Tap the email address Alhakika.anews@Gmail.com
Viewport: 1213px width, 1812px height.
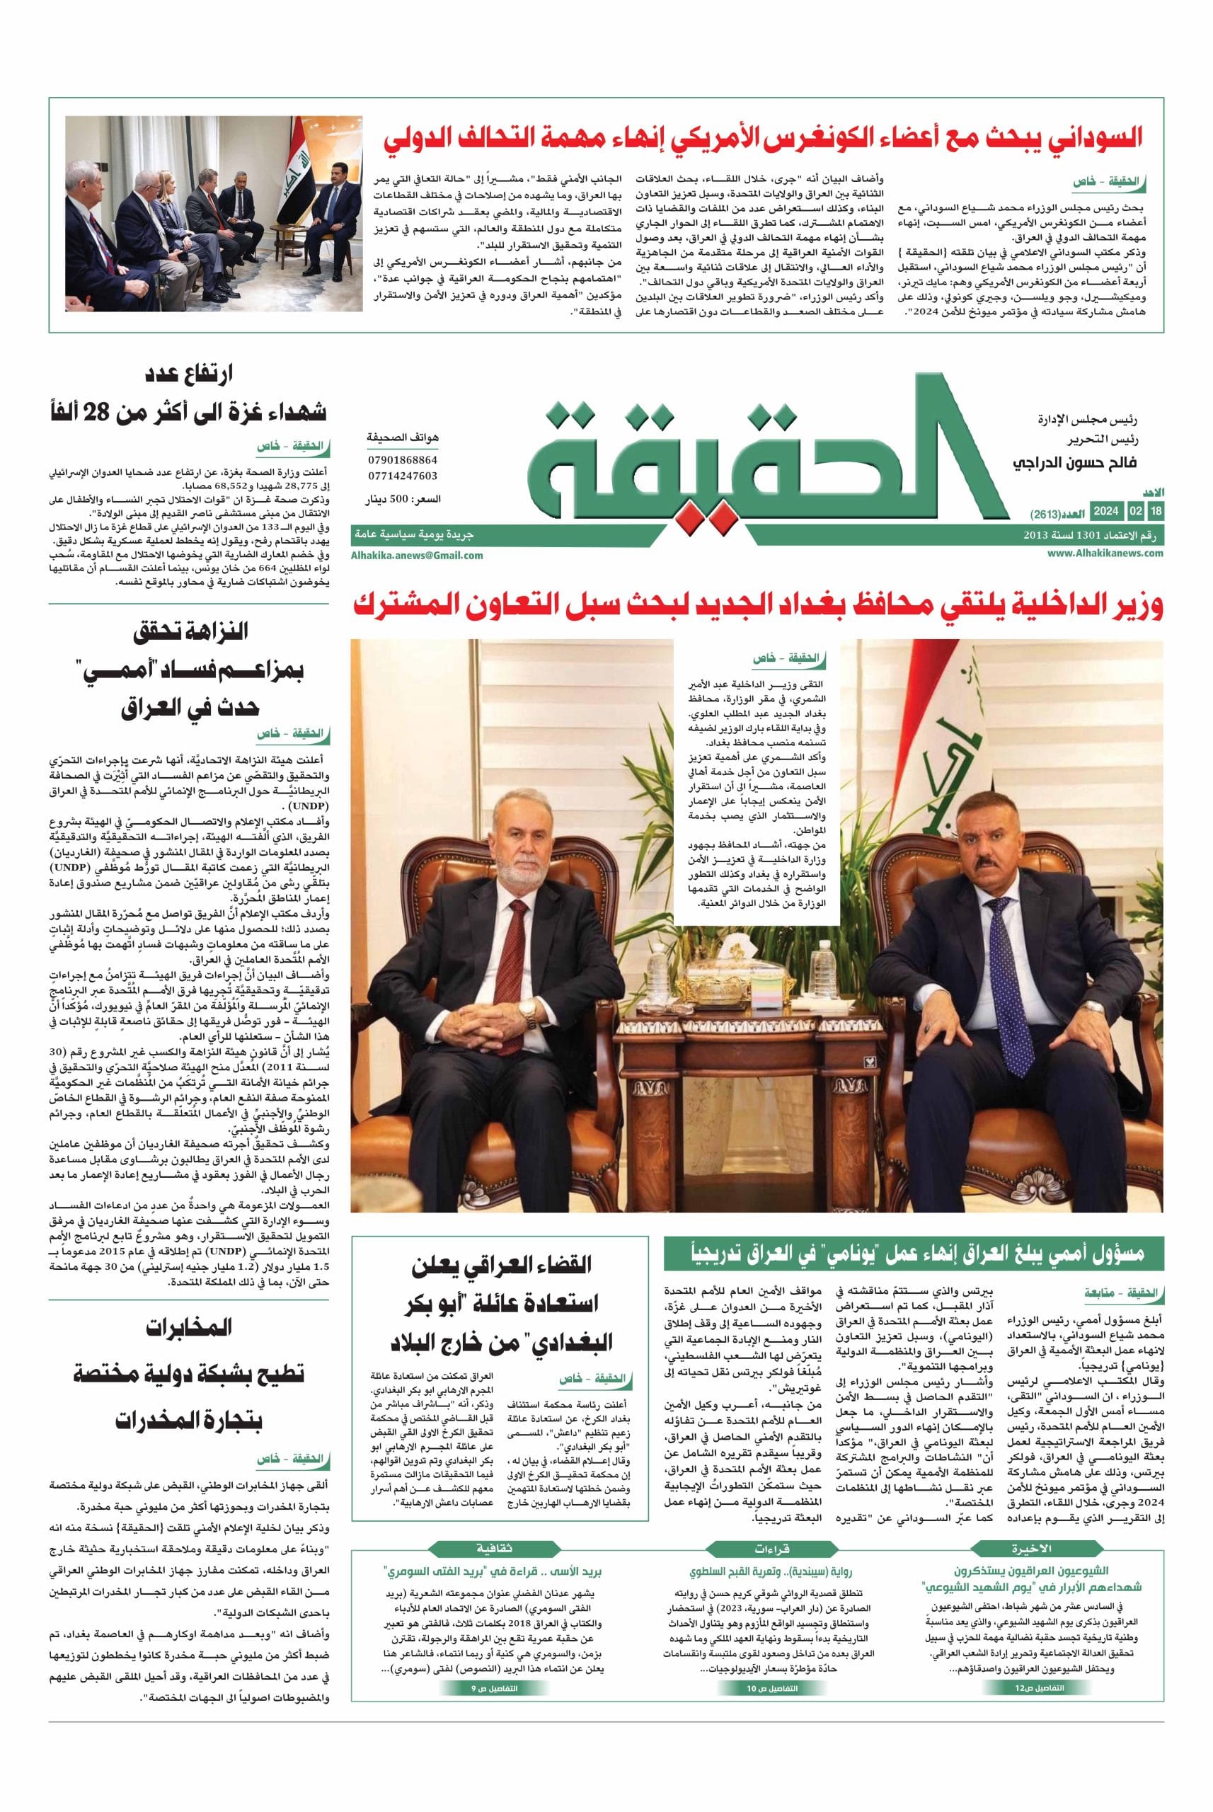417,555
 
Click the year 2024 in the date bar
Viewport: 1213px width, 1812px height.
1106,512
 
